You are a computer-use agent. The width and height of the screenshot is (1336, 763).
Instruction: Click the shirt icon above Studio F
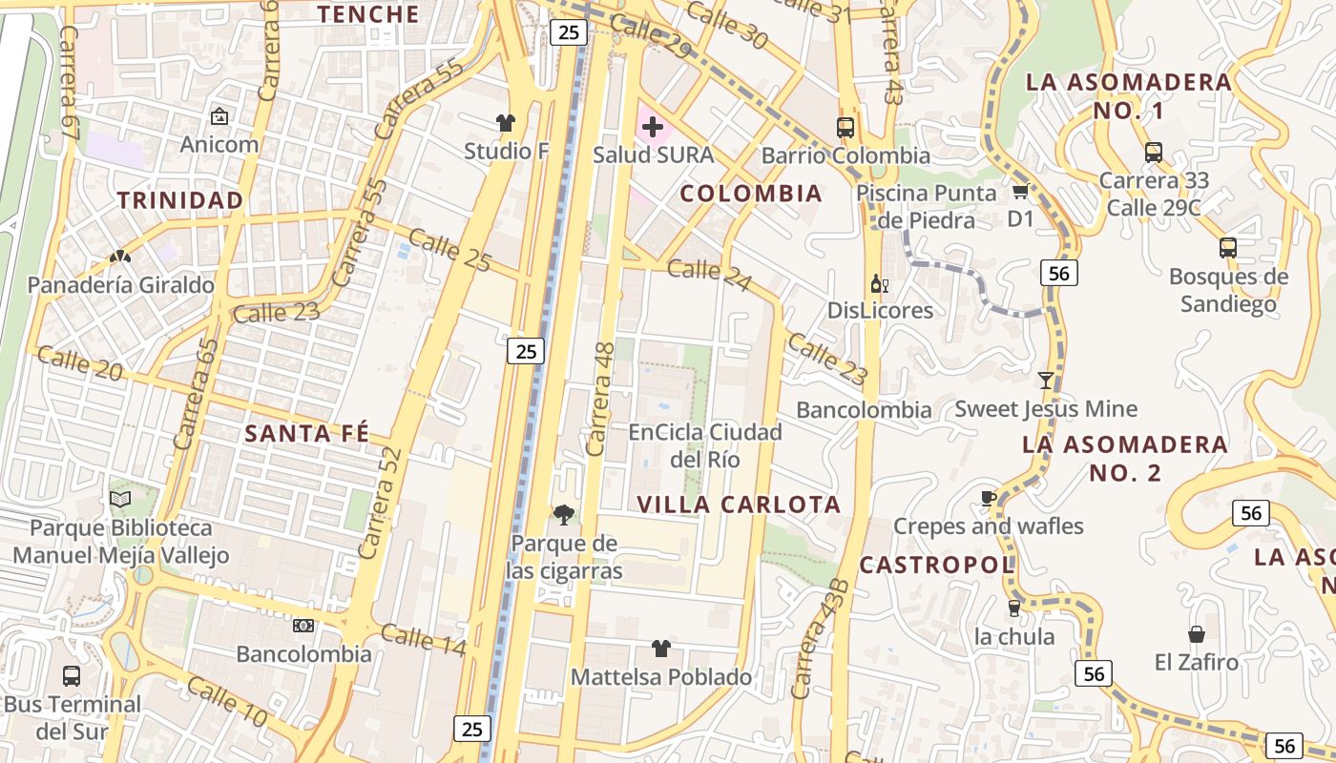(505, 122)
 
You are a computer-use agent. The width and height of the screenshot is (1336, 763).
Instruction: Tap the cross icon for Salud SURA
(653, 126)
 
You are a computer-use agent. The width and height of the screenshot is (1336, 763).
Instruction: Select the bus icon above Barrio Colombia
(845, 127)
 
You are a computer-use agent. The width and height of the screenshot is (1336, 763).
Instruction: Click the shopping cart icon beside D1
(1020, 192)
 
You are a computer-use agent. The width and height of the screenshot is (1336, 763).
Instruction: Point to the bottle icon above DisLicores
(879, 283)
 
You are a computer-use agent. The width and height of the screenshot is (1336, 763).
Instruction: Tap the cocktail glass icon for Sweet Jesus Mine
(1046, 381)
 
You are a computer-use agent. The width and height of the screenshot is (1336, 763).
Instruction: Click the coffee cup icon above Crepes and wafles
(989, 498)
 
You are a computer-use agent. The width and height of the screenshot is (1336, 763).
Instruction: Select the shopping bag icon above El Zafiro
(1196, 634)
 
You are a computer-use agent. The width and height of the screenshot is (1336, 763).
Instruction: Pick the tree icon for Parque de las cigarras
(565, 515)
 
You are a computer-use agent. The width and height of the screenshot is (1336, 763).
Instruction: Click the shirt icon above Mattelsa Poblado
(660, 649)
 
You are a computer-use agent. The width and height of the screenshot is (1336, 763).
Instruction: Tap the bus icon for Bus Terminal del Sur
(72, 676)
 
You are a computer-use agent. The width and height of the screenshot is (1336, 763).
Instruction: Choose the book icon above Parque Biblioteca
(120, 499)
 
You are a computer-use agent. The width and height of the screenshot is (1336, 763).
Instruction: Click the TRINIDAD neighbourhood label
(180, 200)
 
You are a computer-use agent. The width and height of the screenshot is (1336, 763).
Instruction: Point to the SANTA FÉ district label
(306, 433)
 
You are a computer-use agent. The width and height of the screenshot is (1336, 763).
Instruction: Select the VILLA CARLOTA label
(740, 505)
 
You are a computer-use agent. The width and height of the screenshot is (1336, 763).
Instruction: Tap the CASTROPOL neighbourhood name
(936, 565)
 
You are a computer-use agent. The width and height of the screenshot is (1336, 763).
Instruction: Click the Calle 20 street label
(80, 363)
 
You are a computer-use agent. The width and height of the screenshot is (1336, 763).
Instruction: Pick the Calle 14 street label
(423, 640)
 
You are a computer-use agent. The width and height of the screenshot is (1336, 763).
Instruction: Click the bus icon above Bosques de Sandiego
(1228, 248)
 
